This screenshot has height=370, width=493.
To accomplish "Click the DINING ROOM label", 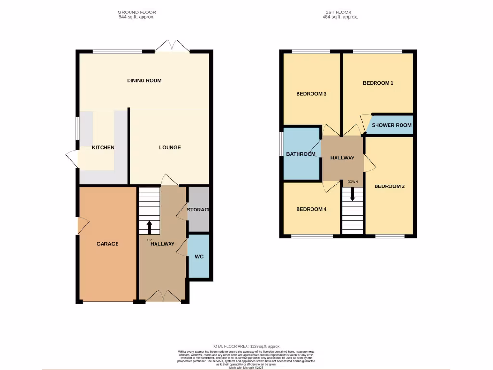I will coord(144,80).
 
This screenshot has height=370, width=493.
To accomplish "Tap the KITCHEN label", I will coord(103,147).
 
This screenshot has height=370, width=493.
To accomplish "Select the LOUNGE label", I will coord(170,147).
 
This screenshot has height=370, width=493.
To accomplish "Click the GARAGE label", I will coord(107,244).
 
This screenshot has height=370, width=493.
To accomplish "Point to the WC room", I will coord(199,256).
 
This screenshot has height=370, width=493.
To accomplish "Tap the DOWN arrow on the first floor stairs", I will coord(352,194).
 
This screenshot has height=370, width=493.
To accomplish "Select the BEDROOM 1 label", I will coord(378,83).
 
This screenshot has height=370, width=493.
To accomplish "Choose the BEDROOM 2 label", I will coord(389,186).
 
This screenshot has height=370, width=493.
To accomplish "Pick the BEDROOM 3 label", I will coord(311,94).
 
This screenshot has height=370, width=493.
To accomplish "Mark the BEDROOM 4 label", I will coord(311,209).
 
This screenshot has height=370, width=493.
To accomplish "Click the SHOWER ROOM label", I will coord(391,125).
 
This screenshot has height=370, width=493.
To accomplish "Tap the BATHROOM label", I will coord(301,154).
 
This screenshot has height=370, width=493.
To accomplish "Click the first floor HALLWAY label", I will coord(342,158).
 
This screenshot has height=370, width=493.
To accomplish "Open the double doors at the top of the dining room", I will coord(172,47).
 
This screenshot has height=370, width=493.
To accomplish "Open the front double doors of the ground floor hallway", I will coord(163,296).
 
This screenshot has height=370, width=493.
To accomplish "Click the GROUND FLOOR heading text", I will coord(137,12).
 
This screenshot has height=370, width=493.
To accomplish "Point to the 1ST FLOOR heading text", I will coord(340,12).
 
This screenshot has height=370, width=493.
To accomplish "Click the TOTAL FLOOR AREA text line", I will coord(246,346).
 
